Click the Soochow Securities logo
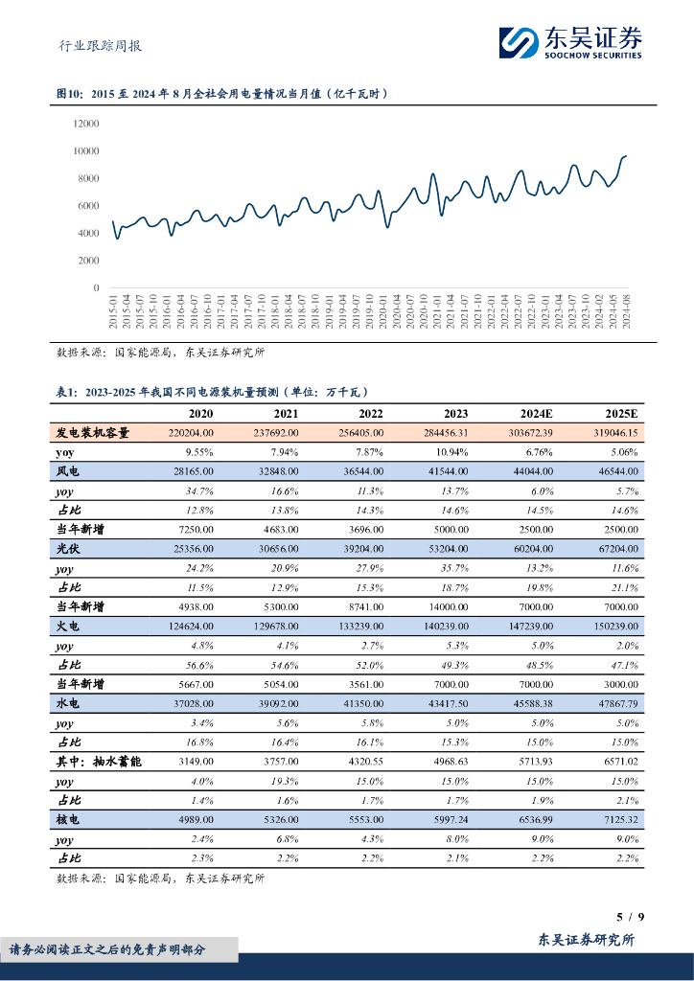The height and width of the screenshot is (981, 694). click(570, 40)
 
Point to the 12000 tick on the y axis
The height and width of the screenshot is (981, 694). click(85, 124)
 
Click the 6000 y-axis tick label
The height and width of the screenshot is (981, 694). click(88, 206)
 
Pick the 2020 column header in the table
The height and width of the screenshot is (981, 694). click(200, 413)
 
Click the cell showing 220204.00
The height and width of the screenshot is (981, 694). click(190, 433)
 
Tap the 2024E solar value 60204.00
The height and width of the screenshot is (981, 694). click(530, 549)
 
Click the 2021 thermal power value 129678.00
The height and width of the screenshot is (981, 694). click(273, 626)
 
